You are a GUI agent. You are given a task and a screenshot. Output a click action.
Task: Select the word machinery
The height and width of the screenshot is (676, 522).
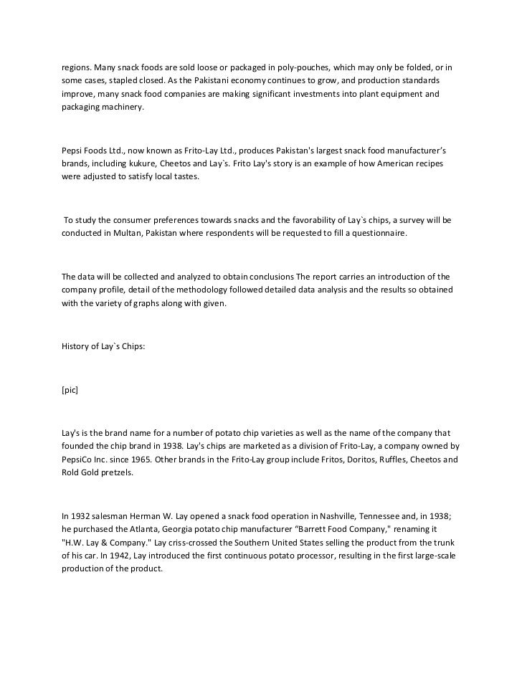click(123, 108)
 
